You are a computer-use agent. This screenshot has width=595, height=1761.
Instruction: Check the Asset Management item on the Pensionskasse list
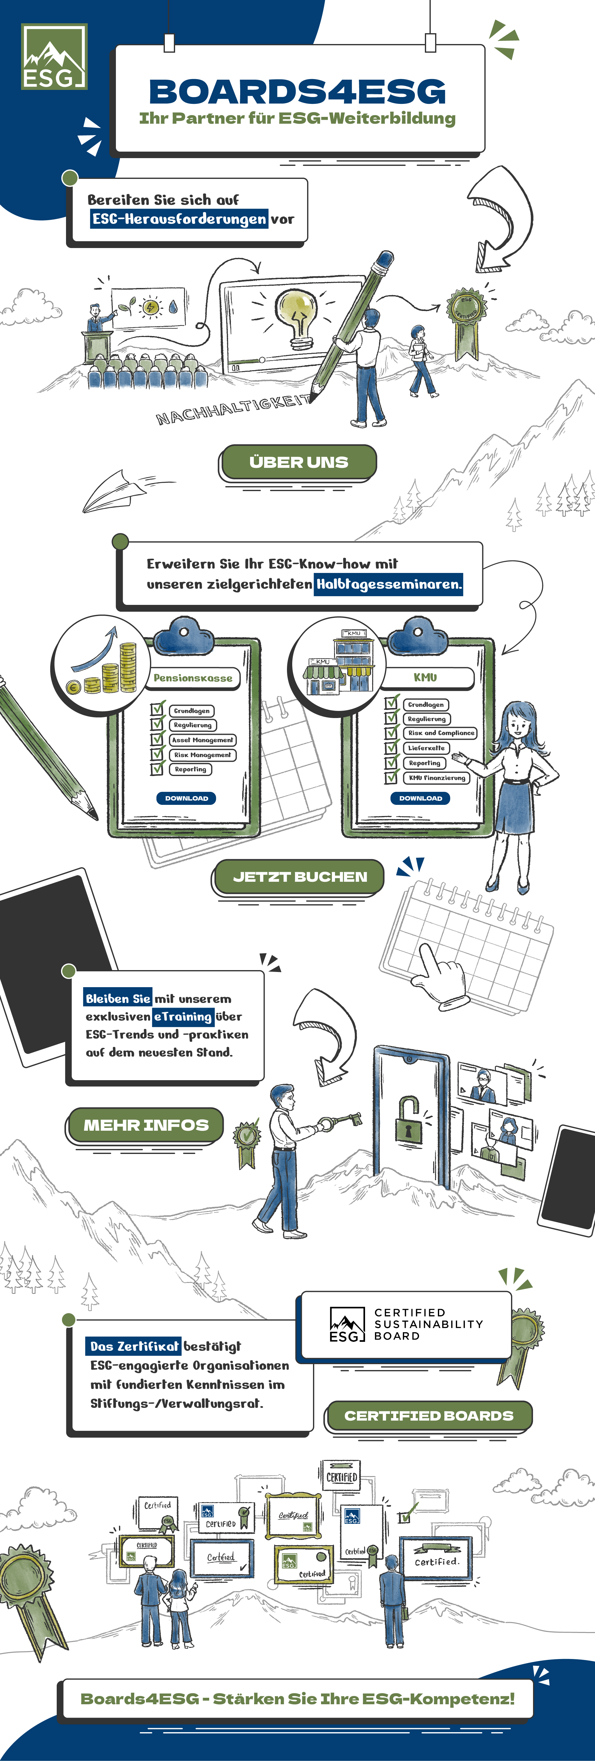[x=202, y=740]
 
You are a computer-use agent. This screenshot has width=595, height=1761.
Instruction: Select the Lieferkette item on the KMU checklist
[x=426, y=748]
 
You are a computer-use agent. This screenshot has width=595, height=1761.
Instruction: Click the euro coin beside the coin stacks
[x=74, y=687]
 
